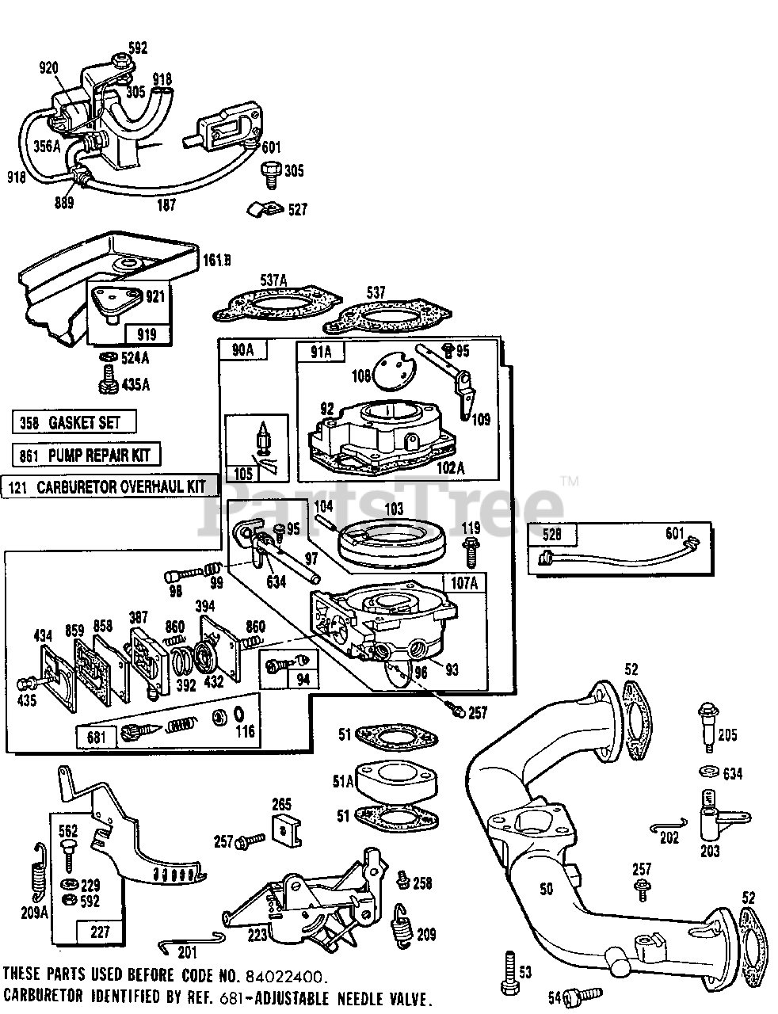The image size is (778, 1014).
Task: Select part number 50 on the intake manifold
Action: coord(546,890)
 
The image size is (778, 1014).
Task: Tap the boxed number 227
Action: coord(100,932)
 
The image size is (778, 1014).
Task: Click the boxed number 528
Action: coord(551,535)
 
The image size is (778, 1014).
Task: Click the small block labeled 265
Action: coord(284,829)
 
